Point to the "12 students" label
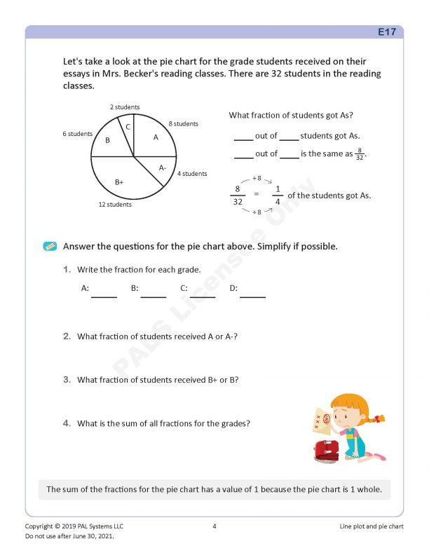pos(115,205)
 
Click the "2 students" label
pos(125,107)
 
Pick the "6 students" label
pos(78,134)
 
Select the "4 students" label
pos(192,174)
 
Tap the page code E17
pos(386,32)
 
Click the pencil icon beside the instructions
pos(50,247)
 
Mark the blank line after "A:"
pos(104,295)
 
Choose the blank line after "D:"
pos(252,295)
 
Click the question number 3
pos(67,380)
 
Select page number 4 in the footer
pos(214,526)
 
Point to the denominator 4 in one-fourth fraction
pos(278,202)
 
